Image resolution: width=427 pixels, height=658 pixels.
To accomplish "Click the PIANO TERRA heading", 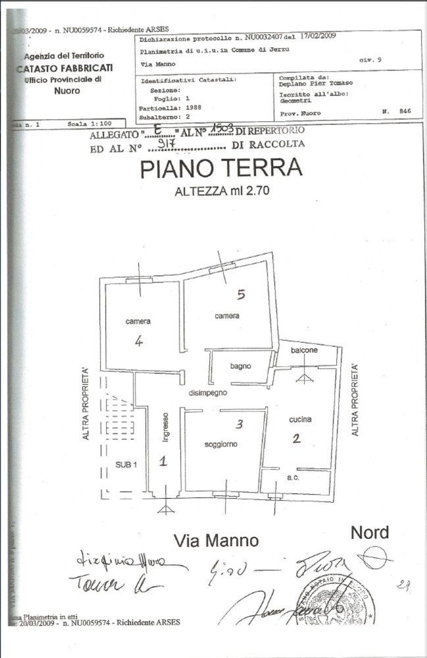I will coord(221,169).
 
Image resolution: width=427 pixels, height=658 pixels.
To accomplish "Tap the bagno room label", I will coord(241,366).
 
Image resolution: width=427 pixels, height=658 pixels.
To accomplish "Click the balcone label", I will coord(305,350).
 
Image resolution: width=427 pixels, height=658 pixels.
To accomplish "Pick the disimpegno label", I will coord(208,392).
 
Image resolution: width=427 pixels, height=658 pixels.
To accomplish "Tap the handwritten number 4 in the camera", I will coord(139,342).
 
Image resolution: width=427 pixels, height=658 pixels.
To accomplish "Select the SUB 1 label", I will coord(126,464).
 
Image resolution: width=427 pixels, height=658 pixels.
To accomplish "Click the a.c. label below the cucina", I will coord(293,478).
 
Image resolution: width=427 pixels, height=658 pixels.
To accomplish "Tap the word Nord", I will coord(370,532).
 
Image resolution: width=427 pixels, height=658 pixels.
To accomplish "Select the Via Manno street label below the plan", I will coord(216,541).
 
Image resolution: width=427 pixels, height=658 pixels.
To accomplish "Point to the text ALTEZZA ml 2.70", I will coord(222,192).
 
